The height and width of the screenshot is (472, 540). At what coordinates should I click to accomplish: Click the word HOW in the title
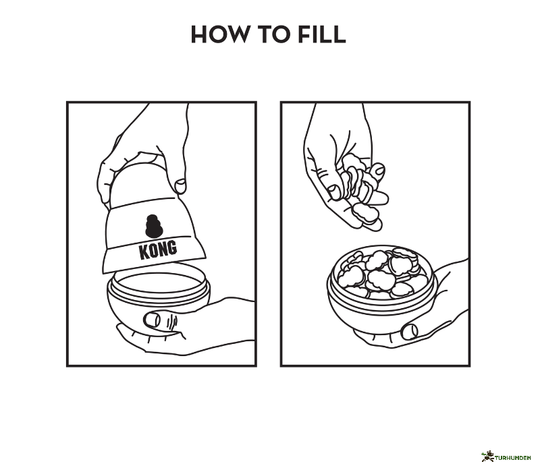(219, 34)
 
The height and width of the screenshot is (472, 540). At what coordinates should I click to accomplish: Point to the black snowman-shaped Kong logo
(155, 226)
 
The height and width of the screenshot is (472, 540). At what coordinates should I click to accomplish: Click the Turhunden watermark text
(513, 458)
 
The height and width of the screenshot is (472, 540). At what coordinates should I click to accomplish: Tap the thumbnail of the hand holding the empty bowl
(151, 320)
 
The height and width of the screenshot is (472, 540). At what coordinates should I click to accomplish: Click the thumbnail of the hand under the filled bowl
(410, 331)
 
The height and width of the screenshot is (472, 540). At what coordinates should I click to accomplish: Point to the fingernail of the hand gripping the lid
(180, 186)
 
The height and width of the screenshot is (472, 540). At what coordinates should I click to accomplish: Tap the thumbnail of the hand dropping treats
(333, 193)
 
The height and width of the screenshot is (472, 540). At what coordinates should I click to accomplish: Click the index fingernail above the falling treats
(379, 169)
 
